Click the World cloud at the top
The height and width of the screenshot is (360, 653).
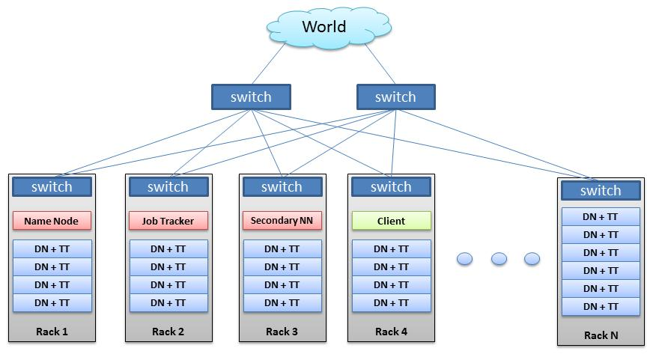[x=329, y=27]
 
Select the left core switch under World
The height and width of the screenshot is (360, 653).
[x=251, y=97]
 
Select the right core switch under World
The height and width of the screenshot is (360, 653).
[x=395, y=97]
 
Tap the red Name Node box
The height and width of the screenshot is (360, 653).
[x=52, y=221]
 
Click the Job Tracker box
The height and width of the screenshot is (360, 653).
[x=168, y=221]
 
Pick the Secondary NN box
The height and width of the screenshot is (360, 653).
[x=282, y=221]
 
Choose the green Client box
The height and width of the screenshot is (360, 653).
[x=391, y=221]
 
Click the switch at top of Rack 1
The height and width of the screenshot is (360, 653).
[x=52, y=187]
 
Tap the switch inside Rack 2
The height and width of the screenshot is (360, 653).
[x=168, y=187]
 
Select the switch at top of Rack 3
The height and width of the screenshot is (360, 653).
[x=282, y=187]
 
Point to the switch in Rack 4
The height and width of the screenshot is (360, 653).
[x=391, y=187]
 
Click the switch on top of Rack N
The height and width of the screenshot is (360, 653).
[x=601, y=191]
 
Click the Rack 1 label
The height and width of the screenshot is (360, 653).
[x=52, y=332]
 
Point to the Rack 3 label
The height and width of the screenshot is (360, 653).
[x=282, y=332]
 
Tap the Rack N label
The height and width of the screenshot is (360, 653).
[x=601, y=335]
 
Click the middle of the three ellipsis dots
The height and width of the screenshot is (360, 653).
[x=499, y=259]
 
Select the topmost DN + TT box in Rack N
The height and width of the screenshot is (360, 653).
[x=601, y=217]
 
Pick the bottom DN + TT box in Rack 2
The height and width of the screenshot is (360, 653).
[x=168, y=303]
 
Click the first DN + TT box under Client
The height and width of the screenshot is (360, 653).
[x=391, y=249]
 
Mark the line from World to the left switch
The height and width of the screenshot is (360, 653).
[x=269, y=64]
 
